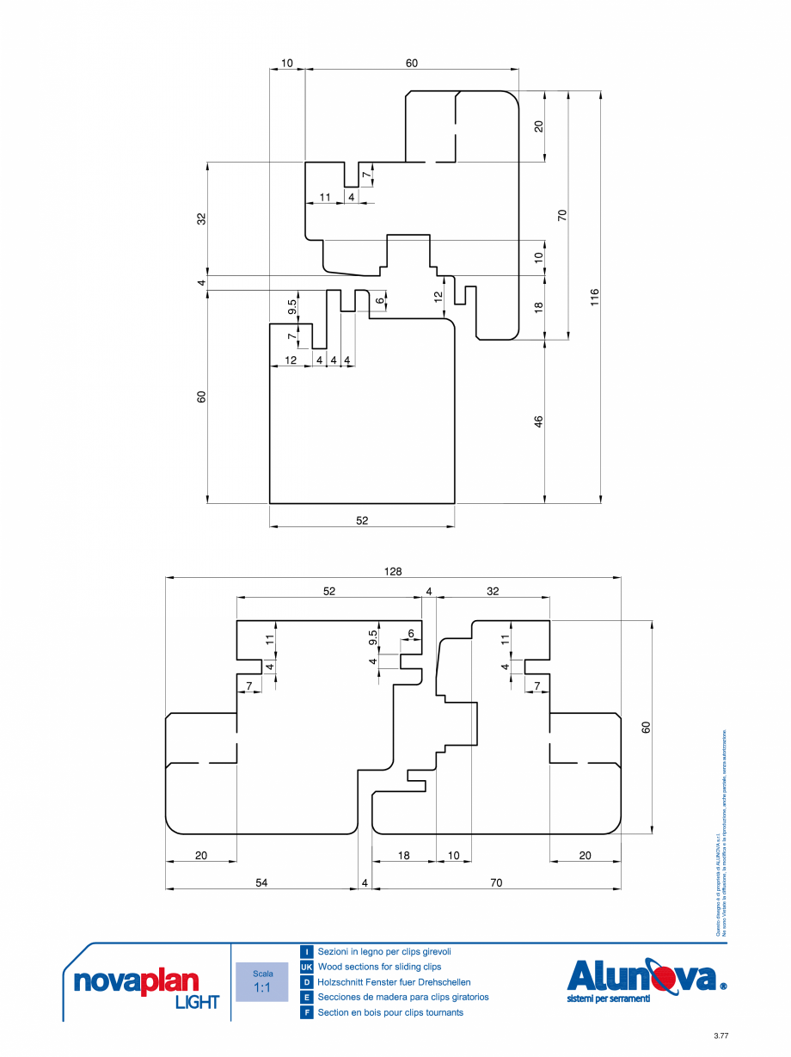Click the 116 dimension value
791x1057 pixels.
click(594, 296)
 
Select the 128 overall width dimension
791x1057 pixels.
click(394, 571)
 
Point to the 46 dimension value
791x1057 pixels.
click(538, 421)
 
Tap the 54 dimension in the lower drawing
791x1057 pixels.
click(261, 882)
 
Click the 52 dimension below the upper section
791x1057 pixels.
click(362, 520)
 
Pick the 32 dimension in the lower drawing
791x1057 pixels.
click(493, 591)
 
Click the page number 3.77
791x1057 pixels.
click(720, 1035)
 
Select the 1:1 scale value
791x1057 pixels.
click(262, 988)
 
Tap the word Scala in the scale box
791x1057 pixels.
click(262, 974)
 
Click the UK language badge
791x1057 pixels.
click(306, 968)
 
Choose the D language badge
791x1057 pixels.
click(306, 982)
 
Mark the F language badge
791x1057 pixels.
click(306, 1012)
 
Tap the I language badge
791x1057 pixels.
click(306, 952)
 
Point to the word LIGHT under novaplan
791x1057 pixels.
click(197, 1002)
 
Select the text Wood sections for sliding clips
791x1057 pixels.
click(379, 968)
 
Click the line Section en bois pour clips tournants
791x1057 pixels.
click(390, 1012)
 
